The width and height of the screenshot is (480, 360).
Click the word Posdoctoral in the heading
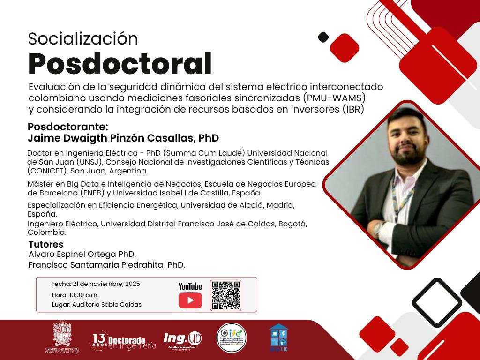120,64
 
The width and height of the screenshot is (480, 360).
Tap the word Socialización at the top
83,39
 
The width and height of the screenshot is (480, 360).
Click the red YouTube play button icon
190,300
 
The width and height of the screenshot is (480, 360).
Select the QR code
225,295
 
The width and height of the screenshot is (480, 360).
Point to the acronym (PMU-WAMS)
333,98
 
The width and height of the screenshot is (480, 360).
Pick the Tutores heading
45,244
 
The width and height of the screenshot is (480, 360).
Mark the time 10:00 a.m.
84,295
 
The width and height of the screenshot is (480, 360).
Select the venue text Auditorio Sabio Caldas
107,305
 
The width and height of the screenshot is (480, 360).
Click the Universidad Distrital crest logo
62,336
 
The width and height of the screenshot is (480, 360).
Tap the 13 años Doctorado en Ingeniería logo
123,341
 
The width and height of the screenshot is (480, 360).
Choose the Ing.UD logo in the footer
182,339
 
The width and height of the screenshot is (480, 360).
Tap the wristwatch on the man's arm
378,228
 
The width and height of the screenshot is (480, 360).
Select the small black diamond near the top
323,37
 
